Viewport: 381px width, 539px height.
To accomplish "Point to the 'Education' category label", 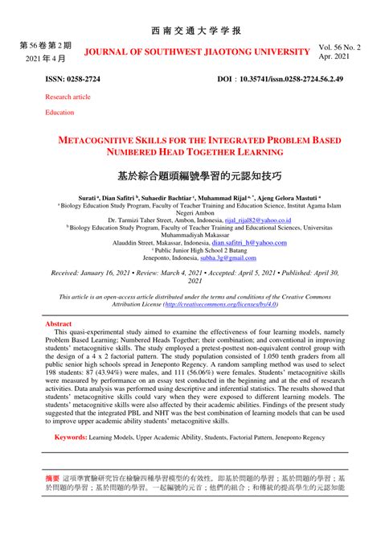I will [59, 113].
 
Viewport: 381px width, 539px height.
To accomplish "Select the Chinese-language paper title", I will [190, 175].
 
